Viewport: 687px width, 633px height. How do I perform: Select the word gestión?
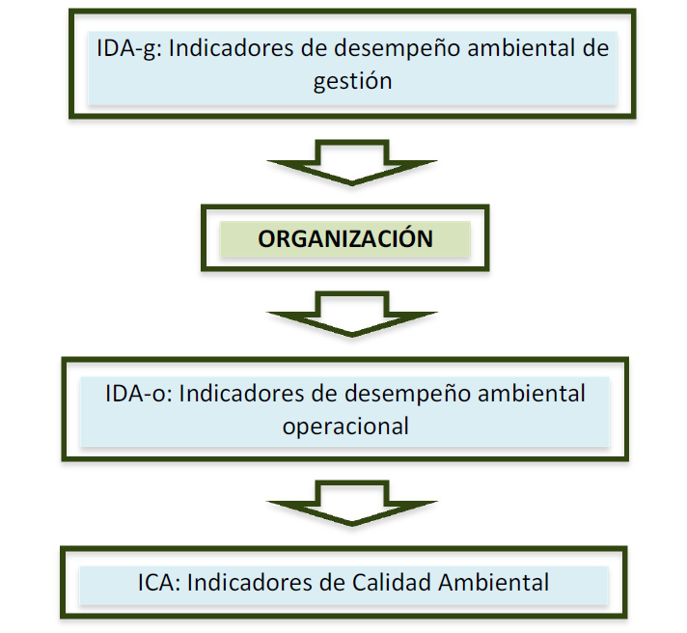(353, 80)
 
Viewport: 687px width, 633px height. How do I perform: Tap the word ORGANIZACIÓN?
(345, 239)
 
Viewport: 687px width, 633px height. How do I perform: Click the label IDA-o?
(138, 395)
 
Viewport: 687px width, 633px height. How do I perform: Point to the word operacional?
(345, 426)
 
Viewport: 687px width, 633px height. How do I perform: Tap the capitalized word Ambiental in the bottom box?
(495, 583)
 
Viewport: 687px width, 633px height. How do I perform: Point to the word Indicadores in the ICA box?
(244, 583)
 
